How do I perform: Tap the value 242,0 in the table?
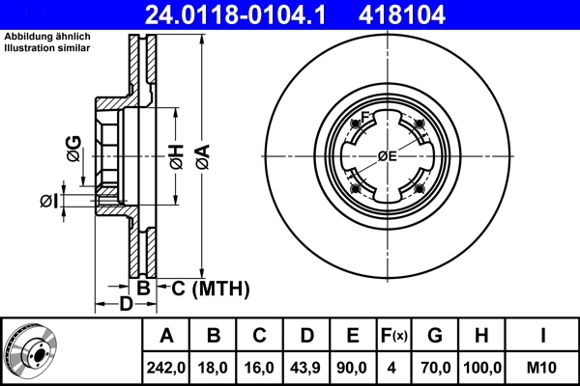166,367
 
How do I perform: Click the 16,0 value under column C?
260,367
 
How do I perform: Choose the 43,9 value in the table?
306,367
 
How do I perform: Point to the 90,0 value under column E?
353,367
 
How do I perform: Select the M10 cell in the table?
543,367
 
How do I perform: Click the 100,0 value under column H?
482,367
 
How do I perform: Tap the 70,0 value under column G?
435,367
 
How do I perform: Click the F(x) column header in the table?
393,337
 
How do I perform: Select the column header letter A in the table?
166,337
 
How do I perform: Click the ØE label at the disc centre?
387,156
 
